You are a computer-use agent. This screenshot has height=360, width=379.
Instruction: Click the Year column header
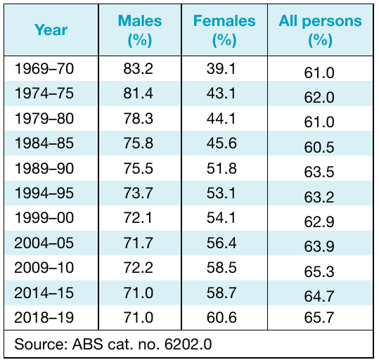51,30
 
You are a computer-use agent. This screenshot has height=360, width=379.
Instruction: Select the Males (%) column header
140,30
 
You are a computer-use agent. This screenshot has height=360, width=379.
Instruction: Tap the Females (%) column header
224,30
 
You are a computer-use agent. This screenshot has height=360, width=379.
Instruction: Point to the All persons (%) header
320,30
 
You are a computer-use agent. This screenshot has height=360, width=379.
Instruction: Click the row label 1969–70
44,69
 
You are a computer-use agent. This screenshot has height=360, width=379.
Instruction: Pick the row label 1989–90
44,168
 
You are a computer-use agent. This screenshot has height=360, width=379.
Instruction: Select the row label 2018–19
44,317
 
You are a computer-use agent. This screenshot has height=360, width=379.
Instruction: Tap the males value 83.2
139,69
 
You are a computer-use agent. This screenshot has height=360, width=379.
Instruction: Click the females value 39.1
221,69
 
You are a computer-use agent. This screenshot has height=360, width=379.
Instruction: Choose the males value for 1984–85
139,143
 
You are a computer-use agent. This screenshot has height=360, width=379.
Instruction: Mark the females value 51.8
221,168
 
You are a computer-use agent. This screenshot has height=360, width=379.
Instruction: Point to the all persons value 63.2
319,197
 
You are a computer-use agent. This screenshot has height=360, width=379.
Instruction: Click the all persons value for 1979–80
319,122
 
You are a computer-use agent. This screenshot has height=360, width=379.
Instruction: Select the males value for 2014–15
139,292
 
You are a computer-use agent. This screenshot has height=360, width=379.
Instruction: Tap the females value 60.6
221,317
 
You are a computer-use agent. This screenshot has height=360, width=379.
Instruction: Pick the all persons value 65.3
319,271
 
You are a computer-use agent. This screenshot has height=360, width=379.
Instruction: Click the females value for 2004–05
221,243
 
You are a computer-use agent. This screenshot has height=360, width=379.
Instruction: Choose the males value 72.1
138,217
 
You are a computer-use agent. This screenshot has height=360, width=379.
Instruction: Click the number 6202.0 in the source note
188,344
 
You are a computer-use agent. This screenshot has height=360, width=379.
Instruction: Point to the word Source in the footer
41,344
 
